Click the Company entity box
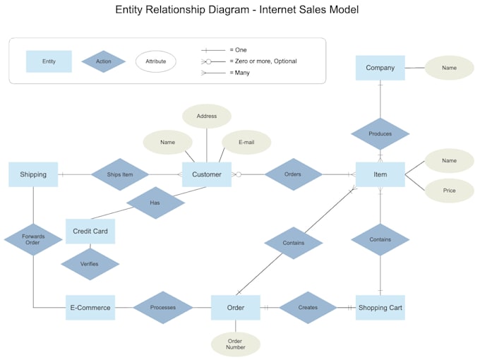[380, 68]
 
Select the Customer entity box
[207, 174]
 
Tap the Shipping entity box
[33, 174]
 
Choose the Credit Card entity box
[90, 231]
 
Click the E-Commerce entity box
[90, 308]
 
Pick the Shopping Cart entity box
[380, 308]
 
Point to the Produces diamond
[380, 133]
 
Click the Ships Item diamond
[119, 174]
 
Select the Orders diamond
[293, 174]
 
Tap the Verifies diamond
[90, 264]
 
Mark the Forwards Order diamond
[33, 239]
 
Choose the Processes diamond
[163, 308]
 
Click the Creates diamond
[308, 308]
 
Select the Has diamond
[155, 203]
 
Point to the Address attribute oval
[207, 116]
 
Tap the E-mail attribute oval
[246, 142]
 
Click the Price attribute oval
[450, 191]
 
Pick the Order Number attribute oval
[235, 344]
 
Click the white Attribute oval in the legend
[156, 61]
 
